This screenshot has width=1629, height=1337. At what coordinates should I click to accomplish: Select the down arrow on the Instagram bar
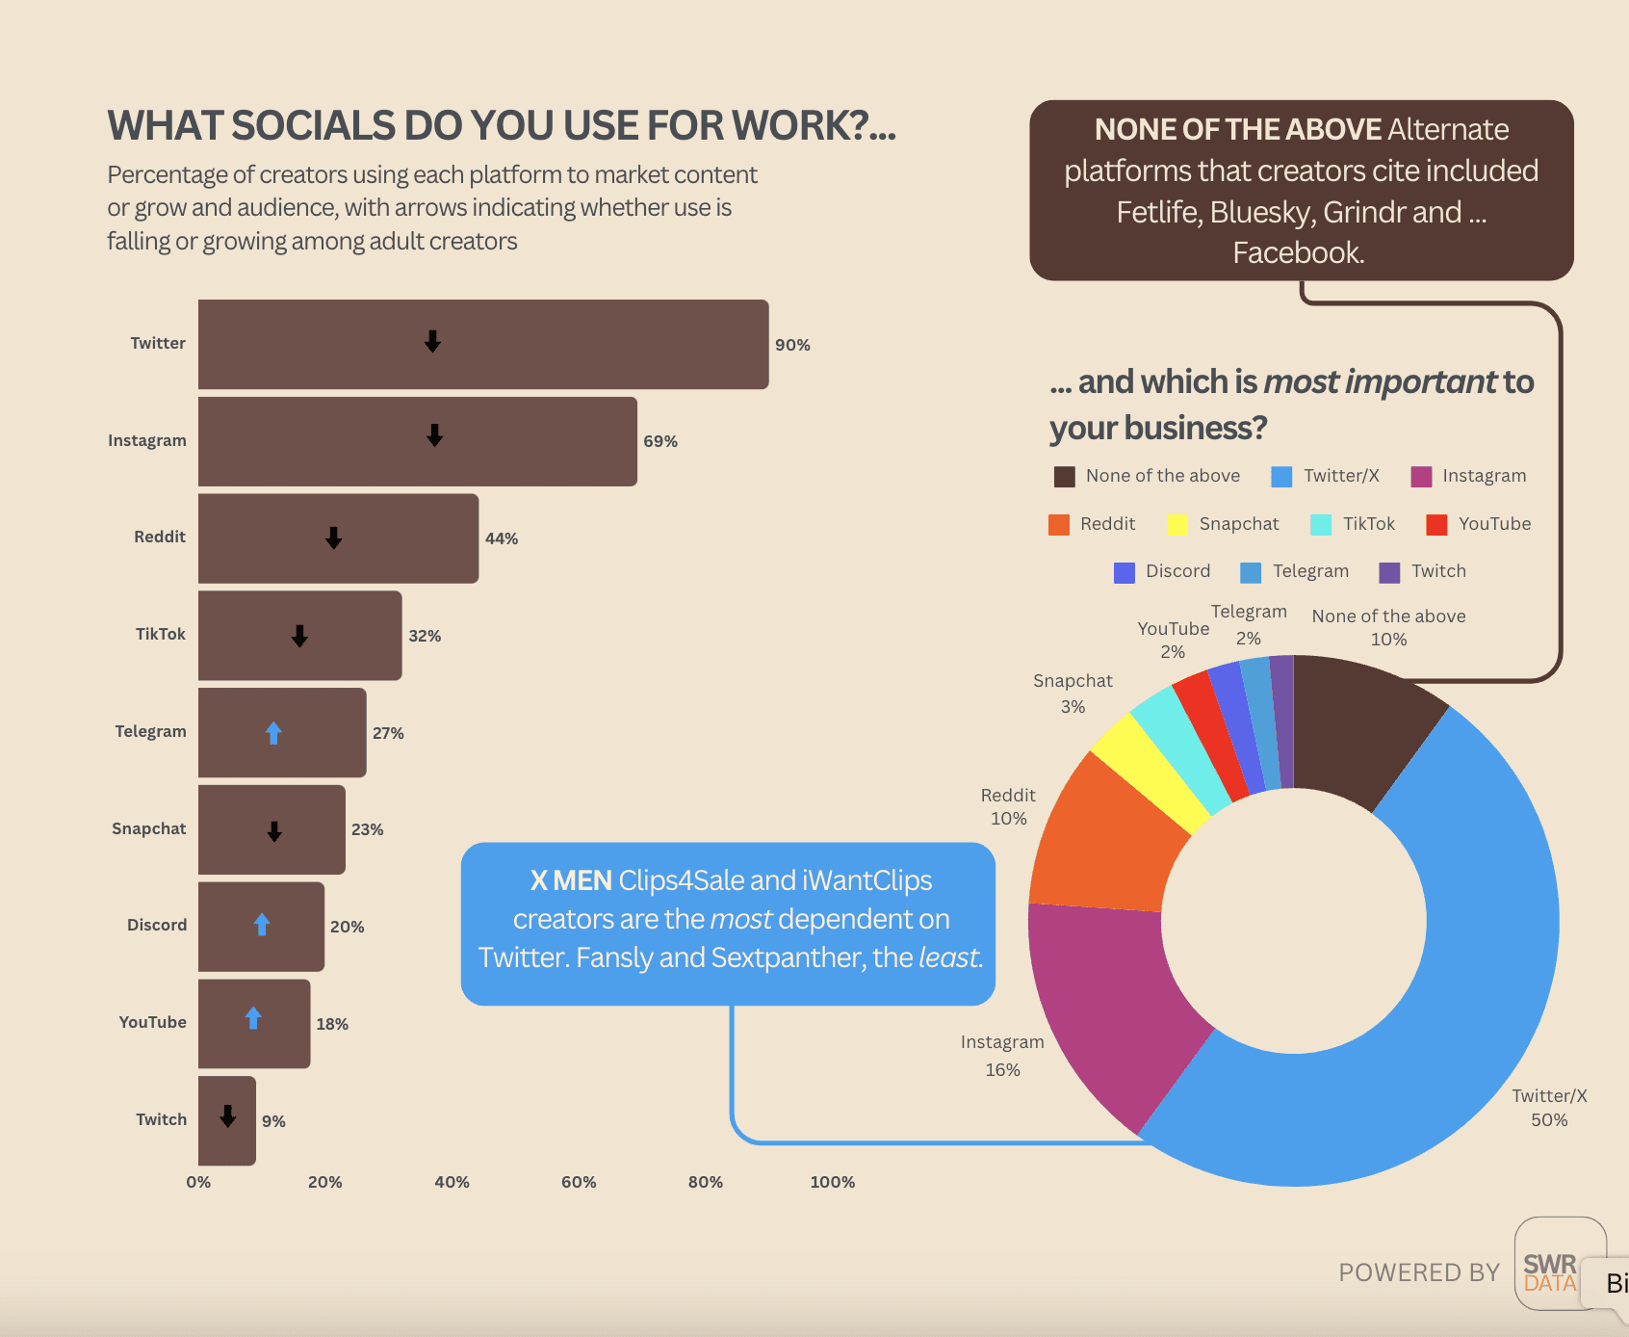coord(434,435)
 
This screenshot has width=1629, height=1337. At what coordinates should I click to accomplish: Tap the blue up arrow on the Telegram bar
coord(273,733)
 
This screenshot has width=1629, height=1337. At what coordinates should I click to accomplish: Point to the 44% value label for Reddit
coord(501,538)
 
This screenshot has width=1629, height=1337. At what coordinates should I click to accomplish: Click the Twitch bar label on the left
coord(161,1119)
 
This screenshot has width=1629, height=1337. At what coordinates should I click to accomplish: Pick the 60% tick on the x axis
coord(579,1182)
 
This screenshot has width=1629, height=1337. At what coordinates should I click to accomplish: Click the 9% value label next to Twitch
coord(273,1121)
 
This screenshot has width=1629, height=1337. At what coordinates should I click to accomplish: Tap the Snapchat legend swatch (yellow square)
coord(1176,524)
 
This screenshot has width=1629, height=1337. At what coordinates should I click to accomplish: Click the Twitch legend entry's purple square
coord(1389,572)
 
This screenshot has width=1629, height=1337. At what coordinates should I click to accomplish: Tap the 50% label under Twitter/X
coord(1549,1120)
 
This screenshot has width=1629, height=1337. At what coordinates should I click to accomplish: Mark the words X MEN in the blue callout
coord(571,880)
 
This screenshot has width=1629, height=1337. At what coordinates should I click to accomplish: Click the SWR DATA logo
coord(1550,1272)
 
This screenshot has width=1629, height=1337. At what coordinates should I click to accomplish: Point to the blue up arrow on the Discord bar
coord(262,925)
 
